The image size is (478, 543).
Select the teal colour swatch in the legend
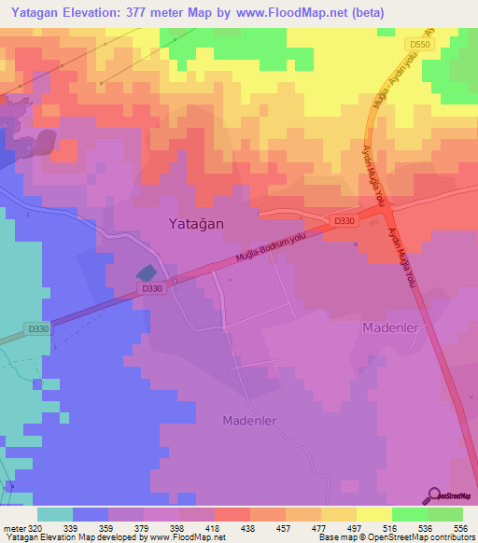click(55, 514)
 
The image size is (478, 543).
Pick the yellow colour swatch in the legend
click(373, 514)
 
